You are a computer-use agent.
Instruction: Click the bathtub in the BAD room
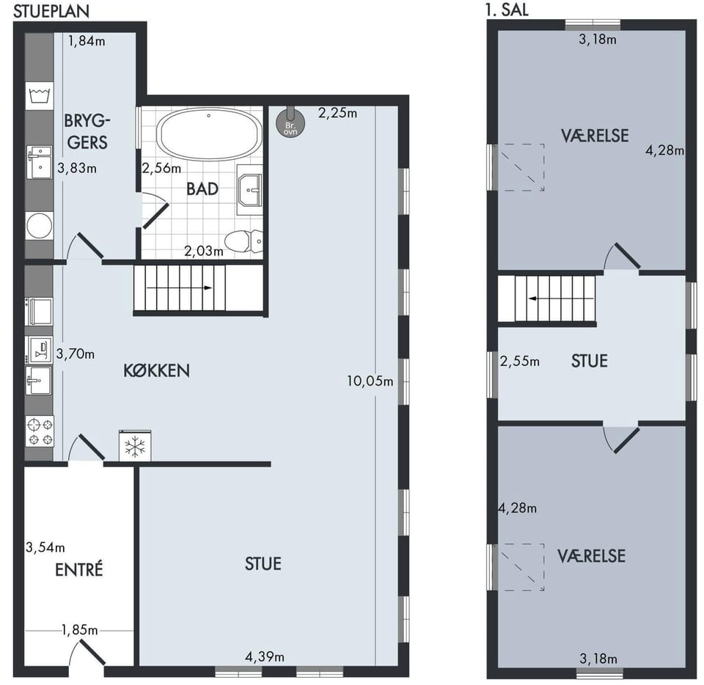pyautogui.click(x=209, y=133)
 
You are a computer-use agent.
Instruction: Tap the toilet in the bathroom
pyautogui.click(x=243, y=241)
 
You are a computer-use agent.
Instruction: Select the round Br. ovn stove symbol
pyautogui.click(x=290, y=122)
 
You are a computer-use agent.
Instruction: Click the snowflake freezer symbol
pyautogui.click(x=135, y=446)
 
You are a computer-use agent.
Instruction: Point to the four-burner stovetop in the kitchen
pyautogui.click(x=40, y=431)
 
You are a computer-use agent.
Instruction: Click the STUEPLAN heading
pyautogui.click(x=51, y=11)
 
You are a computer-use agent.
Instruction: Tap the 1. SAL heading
pyautogui.click(x=507, y=10)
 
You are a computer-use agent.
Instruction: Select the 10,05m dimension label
pyautogui.click(x=370, y=381)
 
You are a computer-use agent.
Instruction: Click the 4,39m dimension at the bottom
pyautogui.click(x=265, y=657)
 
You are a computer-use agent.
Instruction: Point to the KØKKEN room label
pyautogui.click(x=156, y=371)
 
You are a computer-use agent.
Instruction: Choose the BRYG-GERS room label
pyautogui.click(x=87, y=131)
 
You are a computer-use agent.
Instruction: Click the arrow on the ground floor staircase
pyautogui.click(x=179, y=287)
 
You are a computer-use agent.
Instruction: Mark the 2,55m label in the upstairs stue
pyautogui.click(x=520, y=362)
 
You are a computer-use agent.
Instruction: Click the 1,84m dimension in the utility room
pyautogui.click(x=87, y=41)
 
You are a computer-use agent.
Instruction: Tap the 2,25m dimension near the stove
pyautogui.click(x=337, y=113)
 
